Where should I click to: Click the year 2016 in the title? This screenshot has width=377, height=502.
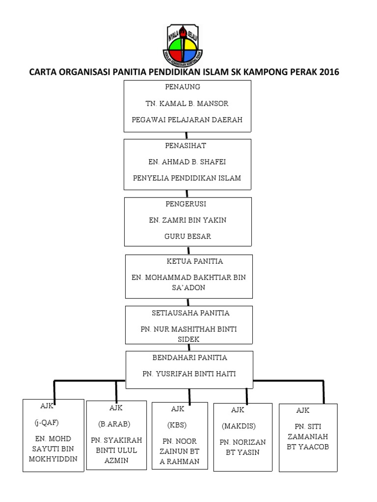click(x=329, y=73)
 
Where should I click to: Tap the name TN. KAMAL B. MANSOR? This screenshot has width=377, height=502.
click(x=187, y=104)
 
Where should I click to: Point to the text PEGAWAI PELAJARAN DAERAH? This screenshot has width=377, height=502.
click(x=187, y=120)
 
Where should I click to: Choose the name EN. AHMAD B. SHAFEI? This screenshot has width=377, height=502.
click(x=187, y=162)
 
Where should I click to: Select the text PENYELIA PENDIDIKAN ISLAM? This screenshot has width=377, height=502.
click(x=187, y=178)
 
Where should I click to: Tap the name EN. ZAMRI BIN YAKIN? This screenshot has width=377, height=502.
click(x=188, y=220)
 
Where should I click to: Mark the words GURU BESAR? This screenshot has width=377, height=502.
click(x=188, y=236)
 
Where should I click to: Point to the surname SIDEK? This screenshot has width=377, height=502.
click(x=189, y=339)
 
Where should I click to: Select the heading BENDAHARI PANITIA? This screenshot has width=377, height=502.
click(x=189, y=358)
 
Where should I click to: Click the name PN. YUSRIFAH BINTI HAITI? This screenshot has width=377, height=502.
click(x=189, y=374)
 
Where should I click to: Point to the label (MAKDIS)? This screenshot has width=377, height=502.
click(x=239, y=426)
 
